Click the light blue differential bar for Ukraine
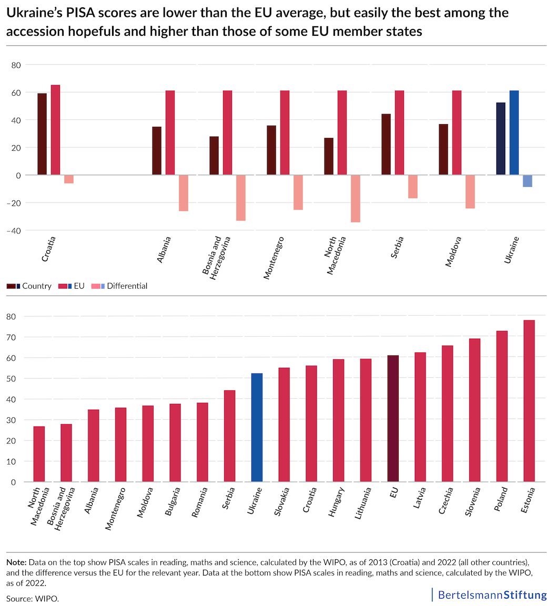(528, 181)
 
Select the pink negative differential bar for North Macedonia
(356, 198)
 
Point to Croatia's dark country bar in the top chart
(42, 134)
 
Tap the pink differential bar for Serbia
(413, 187)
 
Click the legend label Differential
(127, 286)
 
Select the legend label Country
(37, 286)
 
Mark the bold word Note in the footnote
(17, 562)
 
